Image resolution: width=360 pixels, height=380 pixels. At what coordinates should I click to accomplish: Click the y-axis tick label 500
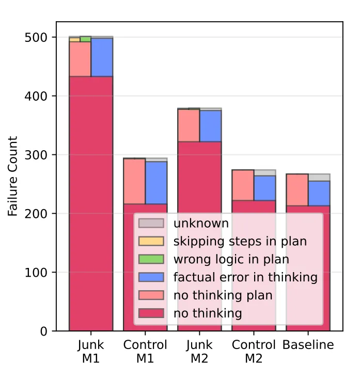pyautogui.click(x=36, y=38)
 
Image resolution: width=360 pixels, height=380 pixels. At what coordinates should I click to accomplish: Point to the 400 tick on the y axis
pyautogui.click(x=36, y=97)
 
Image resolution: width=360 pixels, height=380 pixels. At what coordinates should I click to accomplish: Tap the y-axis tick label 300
pyautogui.click(x=36, y=155)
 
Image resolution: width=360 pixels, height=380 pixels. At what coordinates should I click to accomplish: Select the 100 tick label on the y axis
pyautogui.click(x=36, y=273)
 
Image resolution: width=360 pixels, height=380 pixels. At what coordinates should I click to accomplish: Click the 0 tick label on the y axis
pyautogui.click(x=43, y=331)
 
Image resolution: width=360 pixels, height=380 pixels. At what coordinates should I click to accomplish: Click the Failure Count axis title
pyautogui.click(x=13, y=176)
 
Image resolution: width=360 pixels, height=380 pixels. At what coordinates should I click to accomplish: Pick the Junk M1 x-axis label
pyautogui.click(x=91, y=351)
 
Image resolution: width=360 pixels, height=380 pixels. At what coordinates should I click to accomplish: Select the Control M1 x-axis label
pyautogui.click(x=145, y=351)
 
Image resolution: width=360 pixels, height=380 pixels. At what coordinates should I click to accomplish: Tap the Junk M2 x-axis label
pyautogui.click(x=199, y=351)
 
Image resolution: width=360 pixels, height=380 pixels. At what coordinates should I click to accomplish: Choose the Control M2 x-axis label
pyautogui.click(x=254, y=351)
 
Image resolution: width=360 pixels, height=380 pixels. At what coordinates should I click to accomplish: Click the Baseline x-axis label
pyautogui.click(x=308, y=345)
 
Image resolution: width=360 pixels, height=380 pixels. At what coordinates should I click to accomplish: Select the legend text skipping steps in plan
pyautogui.click(x=240, y=241)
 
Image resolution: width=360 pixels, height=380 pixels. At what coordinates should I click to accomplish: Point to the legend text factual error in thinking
pyautogui.click(x=245, y=277)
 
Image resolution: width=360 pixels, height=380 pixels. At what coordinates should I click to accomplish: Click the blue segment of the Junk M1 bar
pyautogui.click(x=102, y=57)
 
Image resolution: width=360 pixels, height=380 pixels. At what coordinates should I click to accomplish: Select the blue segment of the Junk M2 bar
pyautogui.click(x=210, y=126)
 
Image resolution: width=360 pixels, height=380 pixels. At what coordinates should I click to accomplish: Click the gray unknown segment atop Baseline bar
pyautogui.click(x=319, y=177)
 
